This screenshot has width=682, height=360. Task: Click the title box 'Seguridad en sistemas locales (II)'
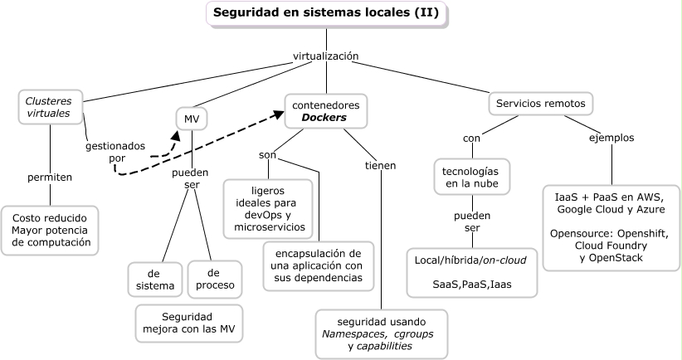(x=326, y=14)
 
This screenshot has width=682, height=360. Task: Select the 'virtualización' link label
(x=325, y=56)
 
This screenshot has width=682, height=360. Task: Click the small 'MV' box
(x=192, y=119)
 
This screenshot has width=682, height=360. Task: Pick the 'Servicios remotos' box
(x=540, y=104)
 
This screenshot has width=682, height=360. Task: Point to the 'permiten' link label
(x=50, y=177)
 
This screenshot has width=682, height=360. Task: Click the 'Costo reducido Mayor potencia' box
(x=51, y=230)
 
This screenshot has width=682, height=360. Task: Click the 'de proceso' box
(x=214, y=280)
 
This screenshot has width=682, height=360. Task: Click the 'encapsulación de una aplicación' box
(x=319, y=265)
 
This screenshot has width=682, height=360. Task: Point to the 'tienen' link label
(x=380, y=165)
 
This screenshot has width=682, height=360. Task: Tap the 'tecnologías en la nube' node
(x=470, y=176)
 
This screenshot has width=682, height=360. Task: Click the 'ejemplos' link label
(x=611, y=137)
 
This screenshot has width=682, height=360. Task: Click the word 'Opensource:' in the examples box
(x=577, y=233)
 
